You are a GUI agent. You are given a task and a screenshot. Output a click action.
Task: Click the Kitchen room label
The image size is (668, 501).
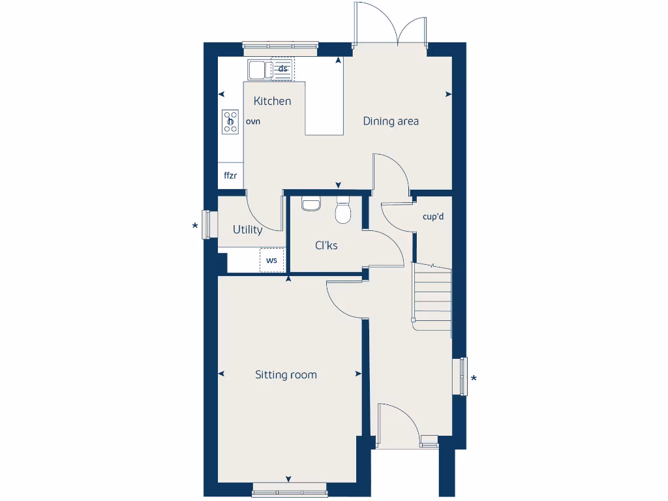click(x=272, y=101)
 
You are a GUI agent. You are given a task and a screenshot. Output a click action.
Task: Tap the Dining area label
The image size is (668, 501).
click(x=391, y=121)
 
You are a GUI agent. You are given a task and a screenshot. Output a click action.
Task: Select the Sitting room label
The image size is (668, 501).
click(x=286, y=374)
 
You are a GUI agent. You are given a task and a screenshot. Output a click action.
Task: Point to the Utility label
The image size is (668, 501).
click(x=248, y=230)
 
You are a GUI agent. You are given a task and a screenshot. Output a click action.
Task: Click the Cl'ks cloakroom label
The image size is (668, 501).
click(x=326, y=245)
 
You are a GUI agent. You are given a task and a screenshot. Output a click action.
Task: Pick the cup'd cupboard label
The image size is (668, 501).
click(x=433, y=217)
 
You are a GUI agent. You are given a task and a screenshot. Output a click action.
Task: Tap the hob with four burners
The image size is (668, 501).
click(x=230, y=121)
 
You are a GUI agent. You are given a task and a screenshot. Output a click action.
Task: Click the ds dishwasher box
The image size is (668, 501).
click(x=283, y=68)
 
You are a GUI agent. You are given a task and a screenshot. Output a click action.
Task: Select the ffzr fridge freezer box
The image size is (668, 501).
click(x=230, y=175)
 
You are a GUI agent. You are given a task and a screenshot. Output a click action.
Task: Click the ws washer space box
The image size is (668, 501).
click(x=272, y=260)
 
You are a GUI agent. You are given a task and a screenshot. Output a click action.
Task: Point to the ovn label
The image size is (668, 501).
click(x=253, y=121)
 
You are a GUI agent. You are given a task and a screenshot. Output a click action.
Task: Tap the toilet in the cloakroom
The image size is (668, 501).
click(x=342, y=211)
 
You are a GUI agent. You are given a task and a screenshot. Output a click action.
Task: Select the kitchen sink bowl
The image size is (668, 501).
click(x=256, y=68)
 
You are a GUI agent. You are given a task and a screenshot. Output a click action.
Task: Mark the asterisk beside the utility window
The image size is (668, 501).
click(x=194, y=227)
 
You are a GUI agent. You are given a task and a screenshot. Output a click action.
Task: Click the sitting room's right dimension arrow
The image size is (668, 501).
click(x=358, y=374)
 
